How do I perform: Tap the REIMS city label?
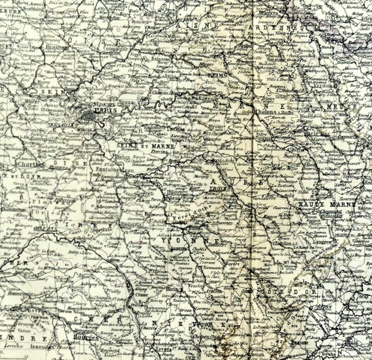(x=215, y=76)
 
